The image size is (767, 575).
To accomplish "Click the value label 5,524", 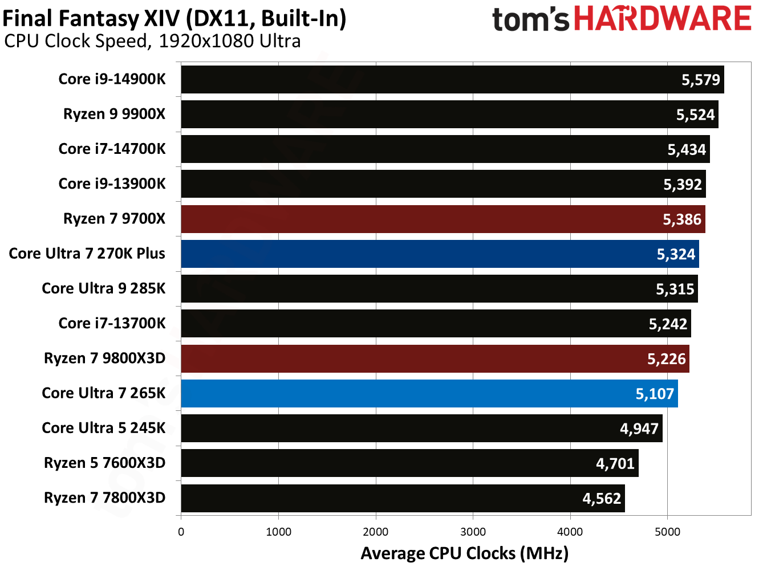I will point(695,115).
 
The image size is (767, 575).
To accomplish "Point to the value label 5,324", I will point(676,254).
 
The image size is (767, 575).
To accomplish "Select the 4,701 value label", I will point(615,463).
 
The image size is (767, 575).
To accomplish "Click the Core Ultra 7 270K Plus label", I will point(87,254).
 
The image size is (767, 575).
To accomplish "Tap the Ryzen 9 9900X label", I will point(114,114).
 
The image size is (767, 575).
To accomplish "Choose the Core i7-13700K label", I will point(112,323).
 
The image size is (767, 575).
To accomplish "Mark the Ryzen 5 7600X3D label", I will point(104,463).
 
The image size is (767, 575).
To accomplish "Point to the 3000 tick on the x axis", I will point(473,532).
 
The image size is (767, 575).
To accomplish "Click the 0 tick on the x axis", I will point(181,532).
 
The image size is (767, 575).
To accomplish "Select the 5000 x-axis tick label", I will point(667,532).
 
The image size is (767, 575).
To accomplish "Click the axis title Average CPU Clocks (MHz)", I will point(464,553).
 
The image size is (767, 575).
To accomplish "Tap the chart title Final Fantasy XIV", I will point(174,19).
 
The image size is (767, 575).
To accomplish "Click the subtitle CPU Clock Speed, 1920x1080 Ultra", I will point(152,42).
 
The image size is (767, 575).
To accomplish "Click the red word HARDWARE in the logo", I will point(662,19).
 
